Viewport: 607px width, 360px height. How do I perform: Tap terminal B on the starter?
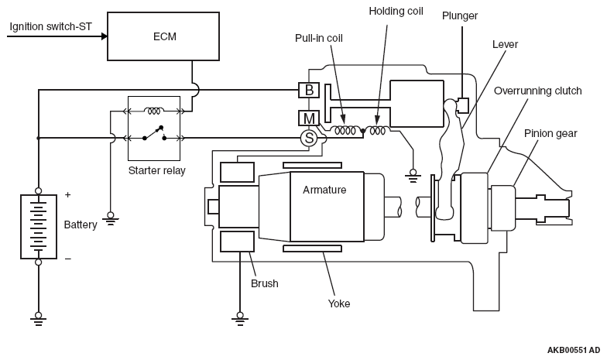(x=309, y=91)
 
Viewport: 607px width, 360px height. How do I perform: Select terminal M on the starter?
(x=309, y=118)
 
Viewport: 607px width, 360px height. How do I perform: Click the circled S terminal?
(x=308, y=139)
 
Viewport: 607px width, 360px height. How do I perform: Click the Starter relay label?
(x=156, y=170)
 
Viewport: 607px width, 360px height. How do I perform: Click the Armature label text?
(x=324, y=190)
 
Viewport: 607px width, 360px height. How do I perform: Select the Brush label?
(x=264, y=283)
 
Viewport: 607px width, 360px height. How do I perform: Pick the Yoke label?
(x=338, y=303)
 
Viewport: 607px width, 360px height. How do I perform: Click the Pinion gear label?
(x=550, y=133)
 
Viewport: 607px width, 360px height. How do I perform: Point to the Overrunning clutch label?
(x=537, y=91)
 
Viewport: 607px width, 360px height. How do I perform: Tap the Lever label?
(x=505, y=44)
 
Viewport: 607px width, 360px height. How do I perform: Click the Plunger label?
(x=460, y=15)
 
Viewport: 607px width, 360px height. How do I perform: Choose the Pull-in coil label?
(x=319, y=37)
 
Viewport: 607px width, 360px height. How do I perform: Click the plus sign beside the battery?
(x=67, y=195)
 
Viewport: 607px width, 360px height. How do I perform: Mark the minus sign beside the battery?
(x=67, y=259)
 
